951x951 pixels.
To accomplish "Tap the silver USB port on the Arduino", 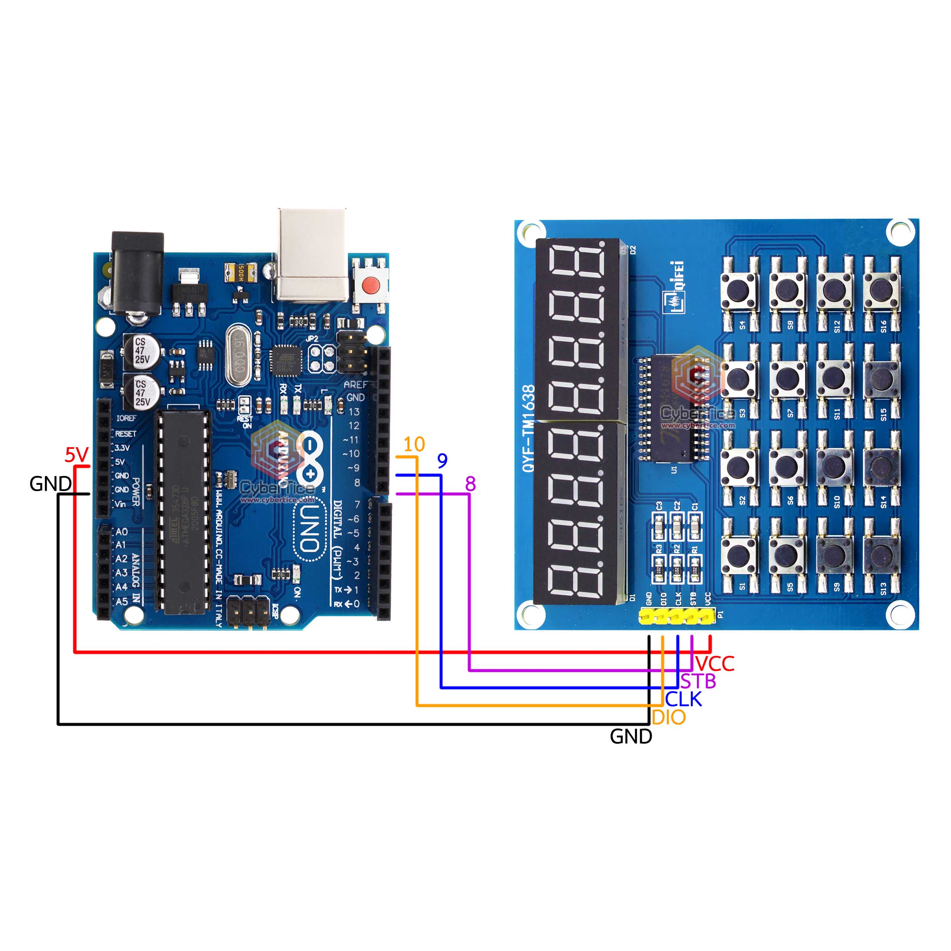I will coord(312,254).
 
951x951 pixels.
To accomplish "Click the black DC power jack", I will coord(137,273).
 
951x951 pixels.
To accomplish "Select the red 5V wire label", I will coord(76,455).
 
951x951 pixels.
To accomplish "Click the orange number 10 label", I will coord(413,444).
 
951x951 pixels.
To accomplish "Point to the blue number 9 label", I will coord(442,461).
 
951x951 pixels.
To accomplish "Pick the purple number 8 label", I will coord(470,484).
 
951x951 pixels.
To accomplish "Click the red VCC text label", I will coord(715,663).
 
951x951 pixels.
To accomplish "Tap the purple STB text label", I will coord(698,682).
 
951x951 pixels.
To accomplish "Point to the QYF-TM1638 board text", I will coord(528,428).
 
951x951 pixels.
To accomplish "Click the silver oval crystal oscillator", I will coord(239,355).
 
